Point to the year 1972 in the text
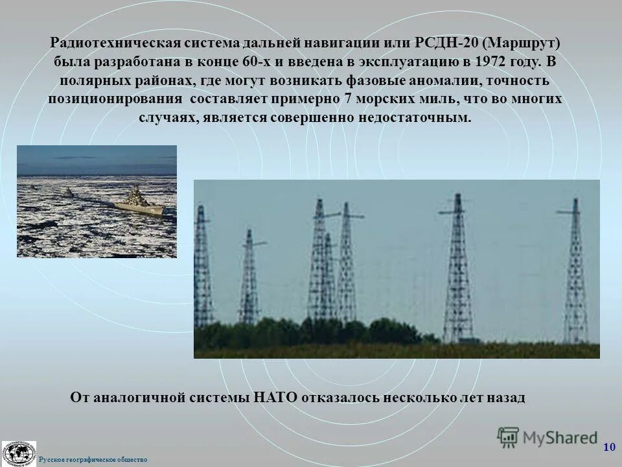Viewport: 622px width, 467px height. click(x=497, y=62)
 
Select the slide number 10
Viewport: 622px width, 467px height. click(x=609, y=447)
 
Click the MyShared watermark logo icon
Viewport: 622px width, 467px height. click(x=508, y=437)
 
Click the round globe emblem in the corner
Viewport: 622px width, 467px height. click(x=18, y=453)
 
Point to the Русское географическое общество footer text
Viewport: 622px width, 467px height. click(x=93, y=460)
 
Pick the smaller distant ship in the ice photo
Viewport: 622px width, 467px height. click(x=67, y=193)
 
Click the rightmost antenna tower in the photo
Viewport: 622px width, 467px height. click(x=575, y=272)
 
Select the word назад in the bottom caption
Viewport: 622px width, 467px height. click(x=503, y=397)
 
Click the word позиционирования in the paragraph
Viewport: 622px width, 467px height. click(x=114, y=100)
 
